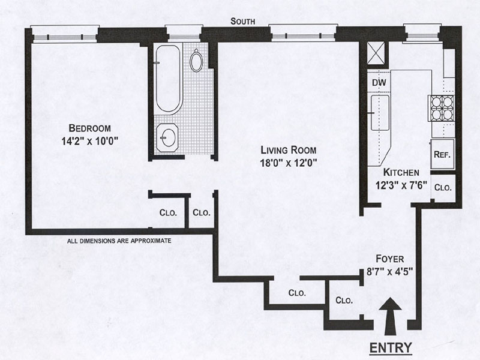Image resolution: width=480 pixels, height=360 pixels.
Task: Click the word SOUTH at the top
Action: (244, 22)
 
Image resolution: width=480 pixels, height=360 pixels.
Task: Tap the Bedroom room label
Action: (90, 128)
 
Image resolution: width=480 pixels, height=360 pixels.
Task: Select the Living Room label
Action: (288, 149)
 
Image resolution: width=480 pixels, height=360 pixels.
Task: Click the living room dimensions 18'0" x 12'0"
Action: (288, 162)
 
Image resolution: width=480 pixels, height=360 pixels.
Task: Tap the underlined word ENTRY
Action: (390, 347)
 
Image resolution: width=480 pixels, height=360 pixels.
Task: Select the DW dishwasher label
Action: (379, 82)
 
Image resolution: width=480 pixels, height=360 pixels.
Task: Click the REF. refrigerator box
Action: (442, 153)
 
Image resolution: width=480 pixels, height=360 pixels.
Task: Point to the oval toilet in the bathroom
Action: (196, 60)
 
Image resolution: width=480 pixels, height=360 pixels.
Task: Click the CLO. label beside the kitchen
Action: (443, 187)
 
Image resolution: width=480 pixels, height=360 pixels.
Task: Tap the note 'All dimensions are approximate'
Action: (119, 241)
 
